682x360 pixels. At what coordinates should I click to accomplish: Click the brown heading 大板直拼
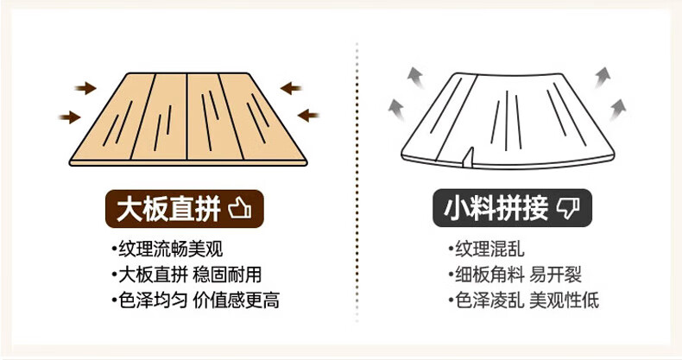pos(168,208)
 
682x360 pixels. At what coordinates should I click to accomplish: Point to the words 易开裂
pos(556,275)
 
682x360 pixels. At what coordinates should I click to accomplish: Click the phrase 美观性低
pos(564,300)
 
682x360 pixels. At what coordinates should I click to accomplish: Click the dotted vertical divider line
pos(357,173)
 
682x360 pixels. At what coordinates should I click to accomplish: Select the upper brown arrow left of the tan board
pos(85,87)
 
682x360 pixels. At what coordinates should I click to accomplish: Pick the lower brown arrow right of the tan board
pos(307,114)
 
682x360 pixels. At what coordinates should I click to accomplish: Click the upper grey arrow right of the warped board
pos(602,78)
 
